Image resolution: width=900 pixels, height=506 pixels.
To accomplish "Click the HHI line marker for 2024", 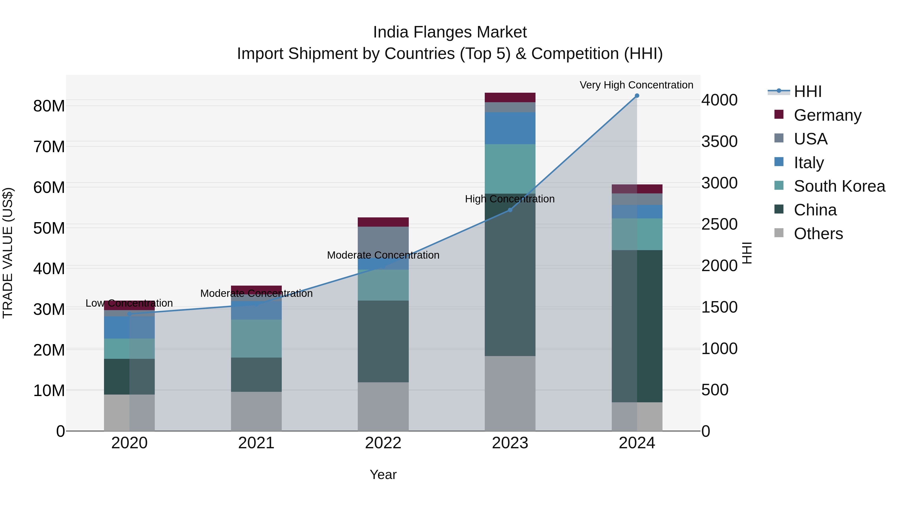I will [x=636, y=96].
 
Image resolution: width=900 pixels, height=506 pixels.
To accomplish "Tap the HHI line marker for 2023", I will [x=510, y=210].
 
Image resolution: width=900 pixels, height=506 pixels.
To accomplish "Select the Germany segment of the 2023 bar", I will [x=510, y=97].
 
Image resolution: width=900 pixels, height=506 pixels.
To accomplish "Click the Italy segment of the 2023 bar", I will [x=510, y=128].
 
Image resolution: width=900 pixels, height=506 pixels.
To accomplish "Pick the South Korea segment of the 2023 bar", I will [x=510, y=169].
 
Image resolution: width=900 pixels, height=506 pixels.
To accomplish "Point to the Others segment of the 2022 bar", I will [x=383, y=407].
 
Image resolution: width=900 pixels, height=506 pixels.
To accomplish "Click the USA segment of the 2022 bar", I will [x=383, y=241].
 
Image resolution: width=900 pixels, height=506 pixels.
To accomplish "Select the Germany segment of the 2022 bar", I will [x=383, y=222].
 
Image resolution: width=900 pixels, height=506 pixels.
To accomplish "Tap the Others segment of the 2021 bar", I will [x=256, y=411].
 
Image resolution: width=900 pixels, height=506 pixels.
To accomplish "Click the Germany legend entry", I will [x=827, y=115].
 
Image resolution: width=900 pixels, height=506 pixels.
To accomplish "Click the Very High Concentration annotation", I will [x=636, y=85].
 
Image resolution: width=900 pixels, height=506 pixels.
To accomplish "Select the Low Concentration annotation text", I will [x=129, y=303].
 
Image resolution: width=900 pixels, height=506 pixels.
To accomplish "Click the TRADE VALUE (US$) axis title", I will [x=8, y=253].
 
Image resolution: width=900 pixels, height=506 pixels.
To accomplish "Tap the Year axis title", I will [x=383, y=475].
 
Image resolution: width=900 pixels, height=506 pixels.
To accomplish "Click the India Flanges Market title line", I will [x=450, y=32].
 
